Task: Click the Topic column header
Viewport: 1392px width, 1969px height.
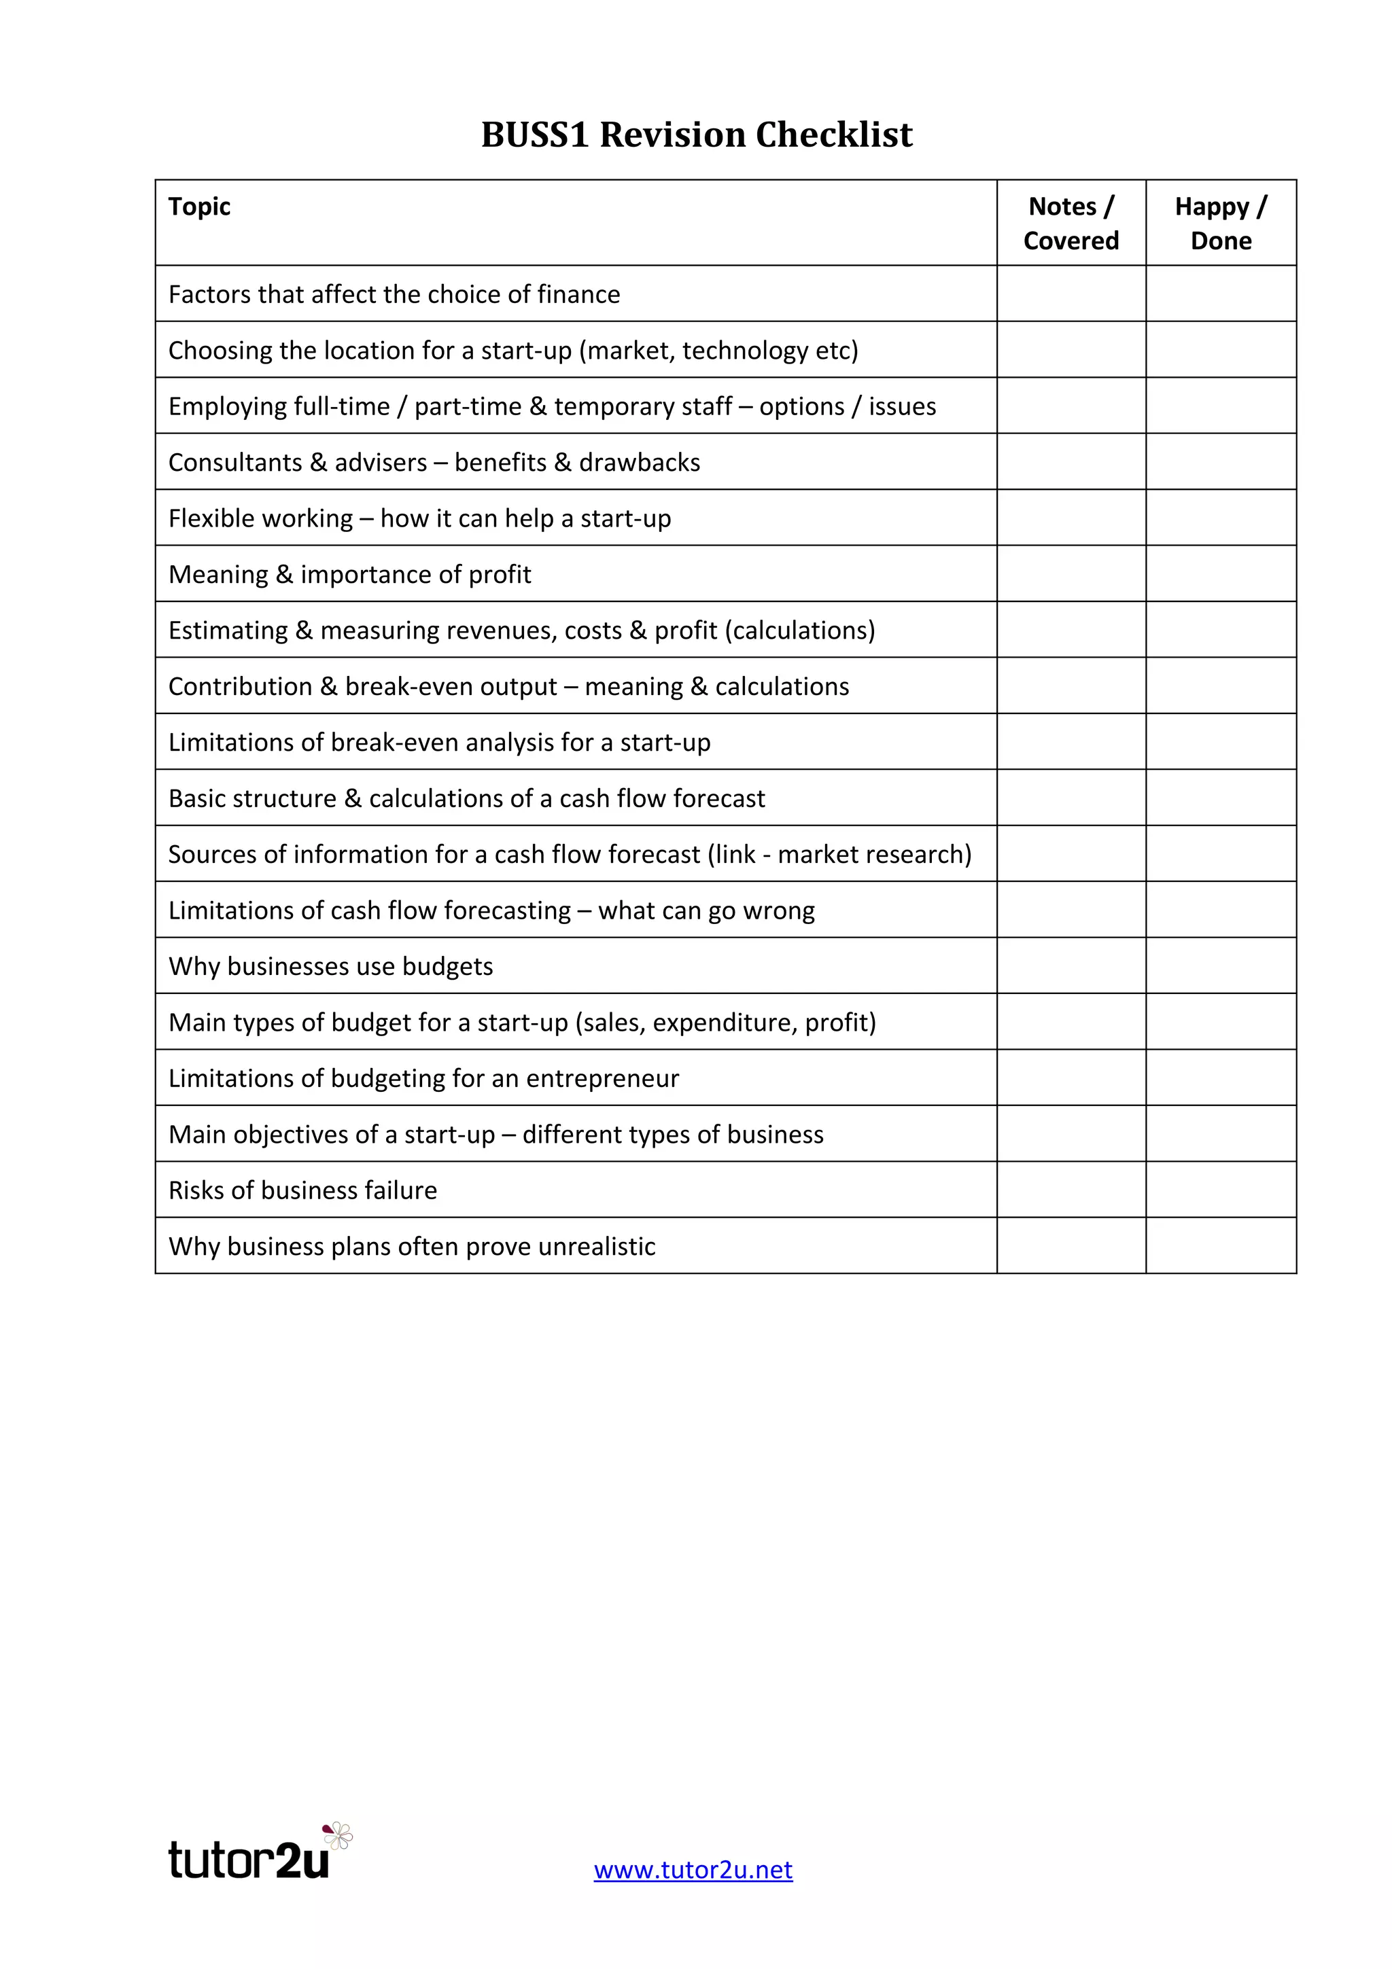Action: [x=199, y=207]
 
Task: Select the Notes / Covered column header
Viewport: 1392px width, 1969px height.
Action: [x=1071, y=223]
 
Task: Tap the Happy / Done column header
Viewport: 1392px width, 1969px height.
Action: [x=1221, y=223]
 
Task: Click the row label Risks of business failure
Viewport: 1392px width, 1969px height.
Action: [x=302, y=1190]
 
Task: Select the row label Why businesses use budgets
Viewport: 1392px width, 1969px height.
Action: [x=330, y=966]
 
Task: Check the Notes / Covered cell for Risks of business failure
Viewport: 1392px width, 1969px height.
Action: [x=1071, y=1190]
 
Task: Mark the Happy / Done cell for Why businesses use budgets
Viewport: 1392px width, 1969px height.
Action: [x=1221, y=965]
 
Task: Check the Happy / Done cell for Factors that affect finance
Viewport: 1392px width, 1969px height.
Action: [x=1221, y=294]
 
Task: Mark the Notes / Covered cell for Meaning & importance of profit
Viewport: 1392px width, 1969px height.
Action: [x=1071, y=573]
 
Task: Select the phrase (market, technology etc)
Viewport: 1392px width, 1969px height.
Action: [x=718, y=351]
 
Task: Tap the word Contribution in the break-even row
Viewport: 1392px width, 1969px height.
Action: [x=240, y=687]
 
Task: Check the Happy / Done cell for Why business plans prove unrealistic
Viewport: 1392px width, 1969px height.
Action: [x=1221, y=1245]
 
